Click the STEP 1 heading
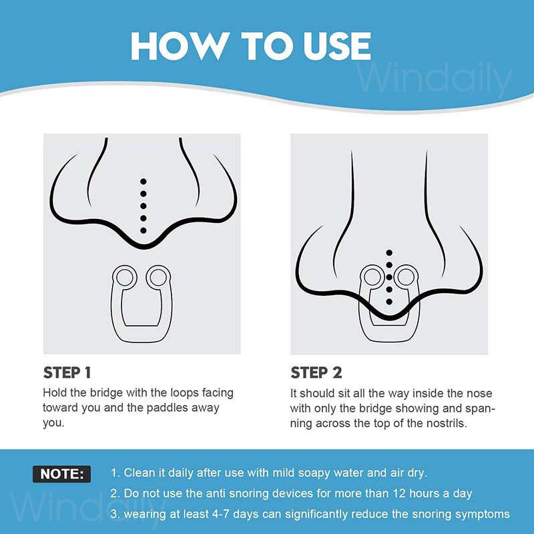click(x=67, y=372)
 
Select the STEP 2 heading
click(x=316, y=372)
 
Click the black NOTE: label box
click(x=61, y=474)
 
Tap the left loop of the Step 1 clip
click(x=124, y=277)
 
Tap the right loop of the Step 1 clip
click(x=158, y=277)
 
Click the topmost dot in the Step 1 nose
click(x=144, y=182)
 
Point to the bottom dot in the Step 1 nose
click(x=144, y=230)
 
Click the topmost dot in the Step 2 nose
click(x=389, y=253)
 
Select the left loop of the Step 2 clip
click(x=372, y=276)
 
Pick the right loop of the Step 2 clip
click(x=406, y=276)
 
